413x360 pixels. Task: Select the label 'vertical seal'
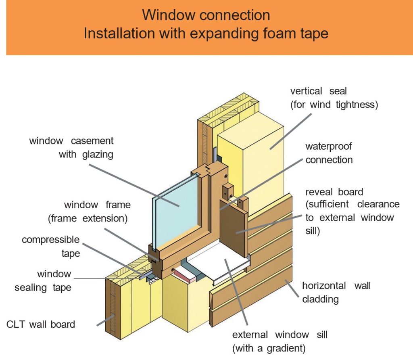pos(318,91)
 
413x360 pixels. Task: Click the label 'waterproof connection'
pos(329,153)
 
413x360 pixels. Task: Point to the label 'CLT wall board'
pos(41,324)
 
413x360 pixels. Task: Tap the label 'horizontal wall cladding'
pos(336,292)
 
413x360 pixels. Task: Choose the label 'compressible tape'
pos(51,247)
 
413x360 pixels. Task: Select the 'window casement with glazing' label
pos(71,147)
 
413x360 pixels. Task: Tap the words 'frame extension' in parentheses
pos(88,219)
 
